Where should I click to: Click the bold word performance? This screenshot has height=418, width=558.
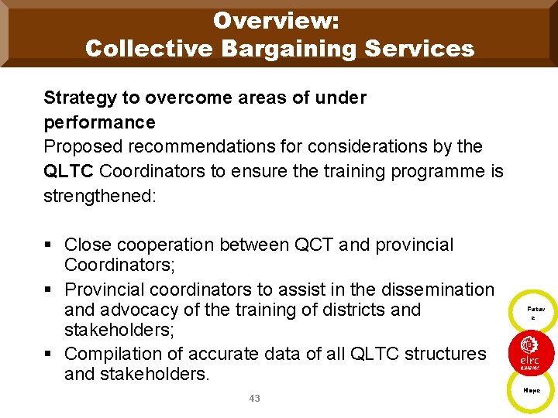(x=99, y=122)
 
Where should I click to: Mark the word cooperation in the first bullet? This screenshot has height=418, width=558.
(x=166, y=245)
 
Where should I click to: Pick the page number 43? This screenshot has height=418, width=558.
(x=255, y=399)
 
